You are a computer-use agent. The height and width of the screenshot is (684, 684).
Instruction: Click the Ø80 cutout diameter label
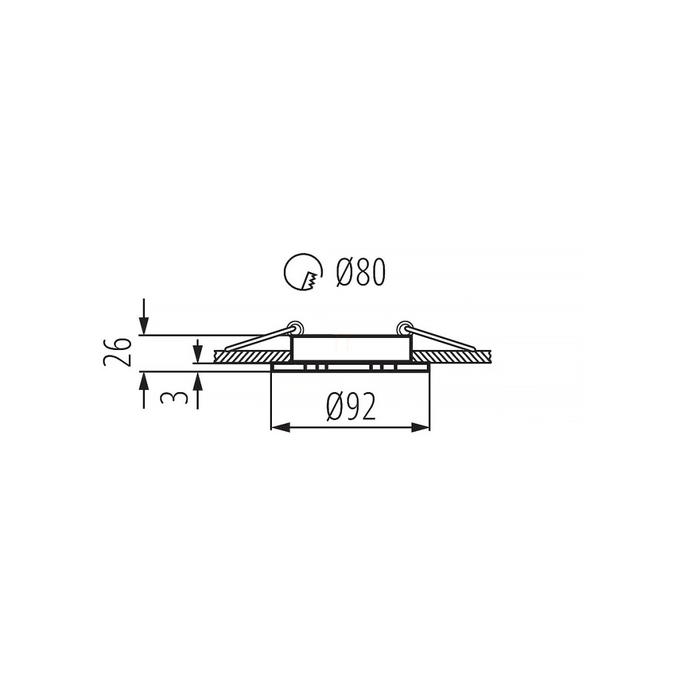click(361, 272)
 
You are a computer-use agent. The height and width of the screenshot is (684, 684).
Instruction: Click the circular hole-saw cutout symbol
click(303, 272)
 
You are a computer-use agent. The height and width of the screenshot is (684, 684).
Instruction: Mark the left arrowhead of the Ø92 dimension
click(281, 427)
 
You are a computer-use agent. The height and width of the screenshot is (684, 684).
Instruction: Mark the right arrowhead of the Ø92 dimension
click(421, 427)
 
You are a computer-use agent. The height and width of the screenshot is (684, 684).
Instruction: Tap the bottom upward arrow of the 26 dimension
click(144, 390)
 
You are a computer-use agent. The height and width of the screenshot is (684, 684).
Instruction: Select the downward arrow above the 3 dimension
click(198, 351)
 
